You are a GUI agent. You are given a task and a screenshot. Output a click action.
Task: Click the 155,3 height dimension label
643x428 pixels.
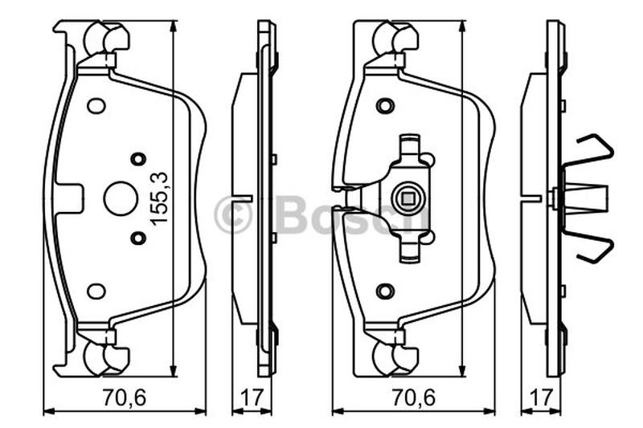[x=159, y=198]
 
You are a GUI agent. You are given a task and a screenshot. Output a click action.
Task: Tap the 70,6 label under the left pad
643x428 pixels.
[x=125, y=397]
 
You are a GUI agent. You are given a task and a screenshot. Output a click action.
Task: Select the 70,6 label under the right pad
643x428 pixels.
[x=413, y=397]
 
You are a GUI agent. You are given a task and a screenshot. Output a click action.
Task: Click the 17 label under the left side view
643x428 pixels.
[x=251, y=397]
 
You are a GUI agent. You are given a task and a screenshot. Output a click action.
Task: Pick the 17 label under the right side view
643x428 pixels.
[x=541, y=397]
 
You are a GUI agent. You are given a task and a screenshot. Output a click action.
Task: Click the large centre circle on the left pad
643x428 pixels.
[x=120, y=198]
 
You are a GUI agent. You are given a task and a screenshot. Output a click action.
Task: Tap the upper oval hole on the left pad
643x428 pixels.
[x=96, y=106]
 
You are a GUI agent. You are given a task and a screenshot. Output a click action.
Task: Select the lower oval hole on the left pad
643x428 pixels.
[x=96, y=291]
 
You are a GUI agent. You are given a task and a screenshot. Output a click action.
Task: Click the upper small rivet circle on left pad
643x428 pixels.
[x=138, y=159]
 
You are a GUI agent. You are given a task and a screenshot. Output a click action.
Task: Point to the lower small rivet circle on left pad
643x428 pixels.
[x=138, y=238]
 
